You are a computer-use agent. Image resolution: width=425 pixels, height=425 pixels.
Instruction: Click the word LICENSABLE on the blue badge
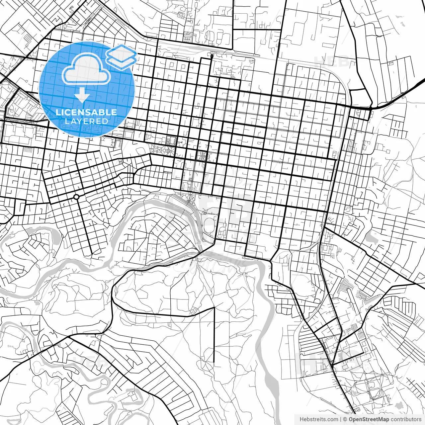86,112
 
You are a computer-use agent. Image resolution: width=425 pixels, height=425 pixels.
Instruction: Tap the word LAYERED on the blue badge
86,121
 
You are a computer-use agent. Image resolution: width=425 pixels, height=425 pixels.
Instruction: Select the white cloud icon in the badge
86,69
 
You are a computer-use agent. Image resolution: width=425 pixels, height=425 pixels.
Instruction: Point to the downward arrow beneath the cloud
82,95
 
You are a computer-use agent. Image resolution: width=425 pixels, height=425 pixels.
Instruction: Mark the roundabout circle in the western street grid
76,197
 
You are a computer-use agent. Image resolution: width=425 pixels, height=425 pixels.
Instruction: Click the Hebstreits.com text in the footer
319,419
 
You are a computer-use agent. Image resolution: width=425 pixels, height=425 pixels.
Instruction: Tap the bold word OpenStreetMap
369,419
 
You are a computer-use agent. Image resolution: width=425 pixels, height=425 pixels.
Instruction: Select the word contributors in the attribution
406,419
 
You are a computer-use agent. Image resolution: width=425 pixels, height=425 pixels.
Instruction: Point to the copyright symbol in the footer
345,419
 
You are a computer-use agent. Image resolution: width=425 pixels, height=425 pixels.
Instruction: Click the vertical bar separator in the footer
341,419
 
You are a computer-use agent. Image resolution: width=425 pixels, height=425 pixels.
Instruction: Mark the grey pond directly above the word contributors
400,405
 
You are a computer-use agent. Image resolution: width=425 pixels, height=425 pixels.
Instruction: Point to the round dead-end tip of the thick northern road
212,56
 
